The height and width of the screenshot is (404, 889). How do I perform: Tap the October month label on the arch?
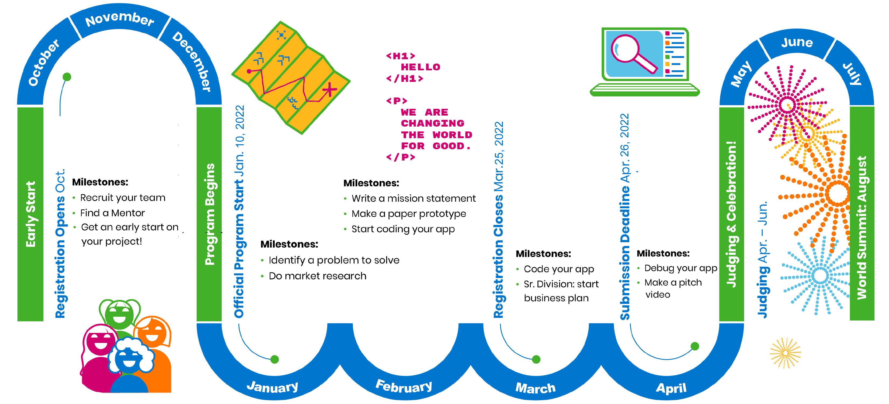point(43,62)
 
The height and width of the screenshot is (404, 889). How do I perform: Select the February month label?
point(404,386)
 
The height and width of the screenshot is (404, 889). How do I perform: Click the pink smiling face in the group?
point(100,340)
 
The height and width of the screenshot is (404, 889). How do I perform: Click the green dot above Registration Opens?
point(67,76)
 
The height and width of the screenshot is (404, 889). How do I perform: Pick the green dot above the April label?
point(695,346)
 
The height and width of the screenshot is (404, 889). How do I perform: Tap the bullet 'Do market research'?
point(318,276)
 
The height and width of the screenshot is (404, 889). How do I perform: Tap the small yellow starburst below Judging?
point(786,353)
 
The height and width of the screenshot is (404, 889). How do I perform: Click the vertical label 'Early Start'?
point(31,214)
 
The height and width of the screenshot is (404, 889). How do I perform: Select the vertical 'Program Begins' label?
point(210,214)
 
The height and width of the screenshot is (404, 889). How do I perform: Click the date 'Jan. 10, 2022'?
point(239,141)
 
